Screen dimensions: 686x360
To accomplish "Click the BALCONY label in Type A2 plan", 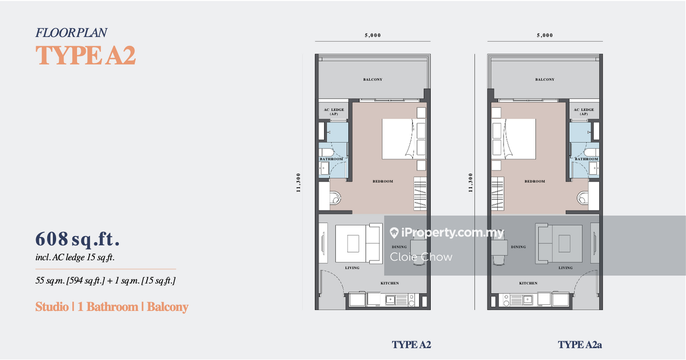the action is click(x=373, y=80).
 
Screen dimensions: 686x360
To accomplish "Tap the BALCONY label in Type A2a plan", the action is click(x=545, y=80).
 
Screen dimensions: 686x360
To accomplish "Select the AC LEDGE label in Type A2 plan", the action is click(x=334, y=110).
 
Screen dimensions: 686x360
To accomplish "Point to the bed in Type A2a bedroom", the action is click(x=514, y=139).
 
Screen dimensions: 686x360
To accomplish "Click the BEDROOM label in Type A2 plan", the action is click(x=383, y=181).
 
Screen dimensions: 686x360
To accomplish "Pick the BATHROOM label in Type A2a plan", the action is click(x=586, y=159).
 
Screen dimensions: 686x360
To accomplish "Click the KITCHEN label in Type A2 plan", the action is click(x=390, y=283).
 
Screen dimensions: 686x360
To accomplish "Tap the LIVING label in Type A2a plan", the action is click(x=565, y=268).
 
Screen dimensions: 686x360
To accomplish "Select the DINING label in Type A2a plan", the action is click(x=518, y=247).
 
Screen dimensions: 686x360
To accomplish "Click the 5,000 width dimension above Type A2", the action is click(x=373, y=35).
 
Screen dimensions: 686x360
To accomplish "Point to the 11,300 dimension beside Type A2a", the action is click(x=471, y=183).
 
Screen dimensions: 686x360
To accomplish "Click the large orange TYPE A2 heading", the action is click(x=85, y=55).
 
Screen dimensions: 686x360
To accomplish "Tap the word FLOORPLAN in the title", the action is click(x=71, y=33).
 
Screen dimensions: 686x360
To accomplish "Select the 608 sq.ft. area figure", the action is click(x=78, y=239).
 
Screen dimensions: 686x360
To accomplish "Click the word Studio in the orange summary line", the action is click(x=52, y=307).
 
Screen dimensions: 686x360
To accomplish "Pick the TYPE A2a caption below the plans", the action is click(x=580, y=345).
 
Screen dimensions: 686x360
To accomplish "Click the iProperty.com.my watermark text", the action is click(x=447, y=233).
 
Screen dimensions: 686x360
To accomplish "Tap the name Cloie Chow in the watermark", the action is click(x=421, y=257).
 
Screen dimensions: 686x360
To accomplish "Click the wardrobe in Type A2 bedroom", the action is click(x=420, y=193).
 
